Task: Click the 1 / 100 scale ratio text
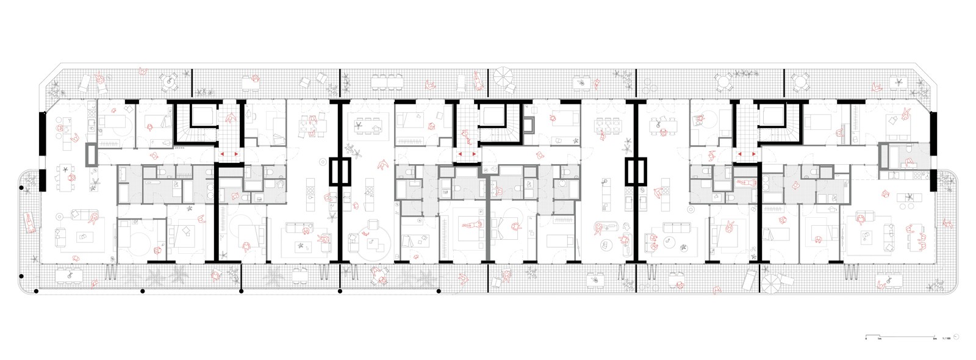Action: coord(946,338)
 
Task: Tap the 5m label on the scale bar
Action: coord(935,338)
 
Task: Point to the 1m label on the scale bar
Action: coord(879,338)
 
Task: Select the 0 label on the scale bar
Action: coord(867,338)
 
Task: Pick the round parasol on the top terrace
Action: coord(504,77)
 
